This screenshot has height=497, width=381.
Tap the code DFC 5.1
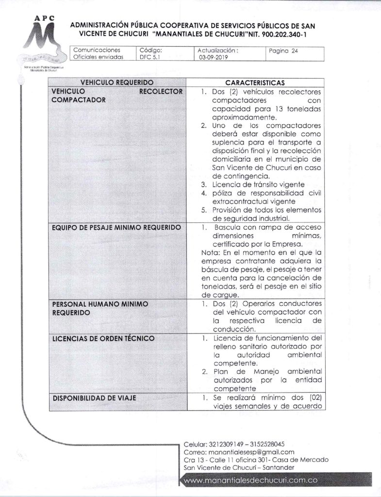point(149,57)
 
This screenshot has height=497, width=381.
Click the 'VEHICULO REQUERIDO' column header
point(117,83)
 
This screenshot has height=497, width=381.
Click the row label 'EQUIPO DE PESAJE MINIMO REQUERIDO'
point(116,228)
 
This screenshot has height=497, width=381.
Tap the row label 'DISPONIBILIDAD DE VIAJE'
point(94,398)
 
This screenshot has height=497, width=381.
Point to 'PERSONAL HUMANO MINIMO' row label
point(99,304)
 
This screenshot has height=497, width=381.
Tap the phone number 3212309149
point(229,444)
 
